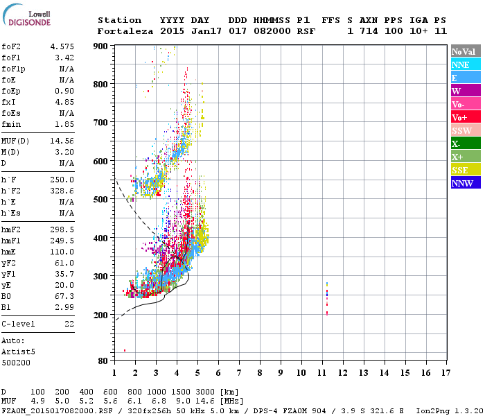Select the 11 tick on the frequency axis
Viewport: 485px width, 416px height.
[x=321, y=373]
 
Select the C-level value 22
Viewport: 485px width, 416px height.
[x=69, y=324]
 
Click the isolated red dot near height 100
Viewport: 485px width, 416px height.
[x=125, y=351]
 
